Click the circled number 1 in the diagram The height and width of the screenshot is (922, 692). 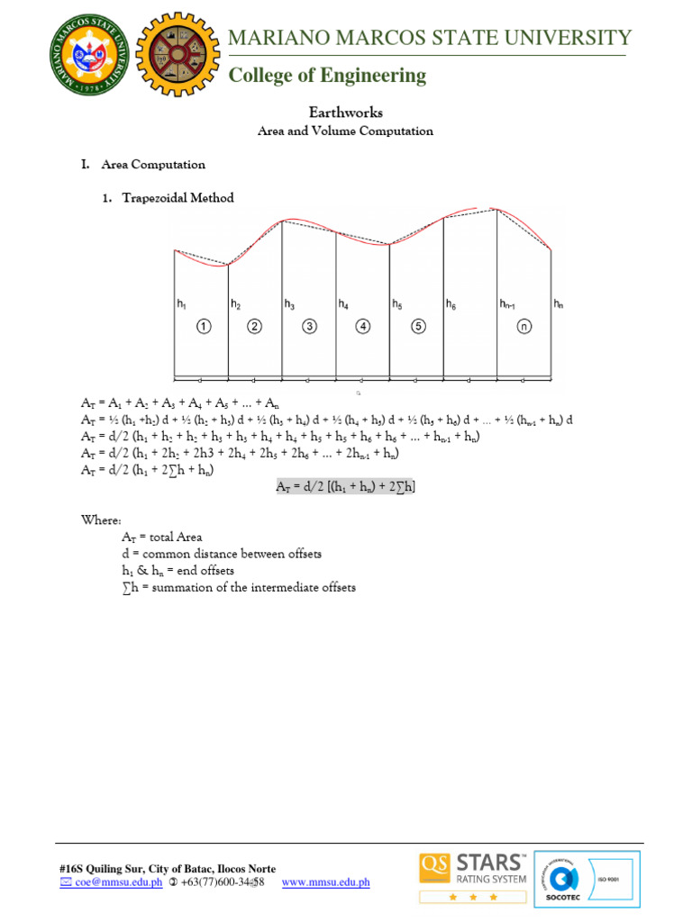tap(205, 326)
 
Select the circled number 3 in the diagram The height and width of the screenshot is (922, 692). tap(309, 326)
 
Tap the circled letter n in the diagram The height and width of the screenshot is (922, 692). tap(524, 326)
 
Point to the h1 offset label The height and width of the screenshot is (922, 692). tap(181, 305)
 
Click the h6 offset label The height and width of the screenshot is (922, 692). tap(451, 305)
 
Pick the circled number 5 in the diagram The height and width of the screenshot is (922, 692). tap(418, 326)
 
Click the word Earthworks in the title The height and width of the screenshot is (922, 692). tap(346, 113)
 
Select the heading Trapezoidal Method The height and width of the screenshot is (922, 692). tap(178, 198)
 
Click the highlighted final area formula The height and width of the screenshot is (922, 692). tap(346, 486)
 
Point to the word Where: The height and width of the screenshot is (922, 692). tap(99, 520)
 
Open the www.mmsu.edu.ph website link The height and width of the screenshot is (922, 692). tap(325, 882)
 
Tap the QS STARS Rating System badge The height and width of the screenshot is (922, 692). tap(472, 876)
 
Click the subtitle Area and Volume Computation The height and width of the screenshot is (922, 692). tap(346, 131)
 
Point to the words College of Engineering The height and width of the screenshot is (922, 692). tap(327, 76)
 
